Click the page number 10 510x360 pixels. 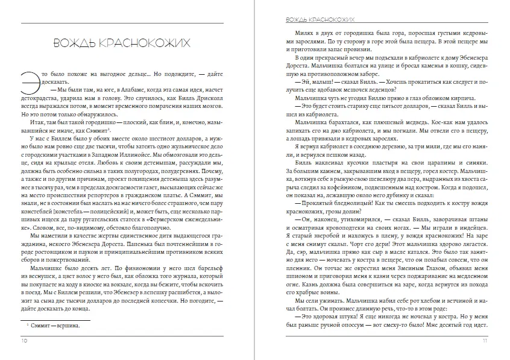click(x=24, y=340)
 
